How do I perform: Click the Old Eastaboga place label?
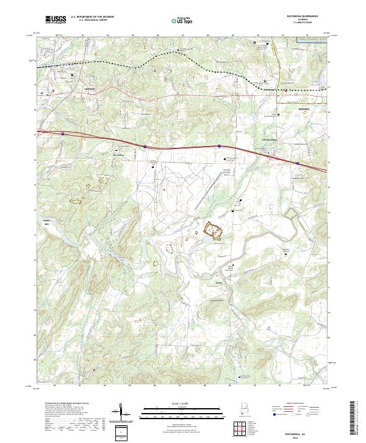[x=269, y=139]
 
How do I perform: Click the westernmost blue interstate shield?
[x=63, y=131]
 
